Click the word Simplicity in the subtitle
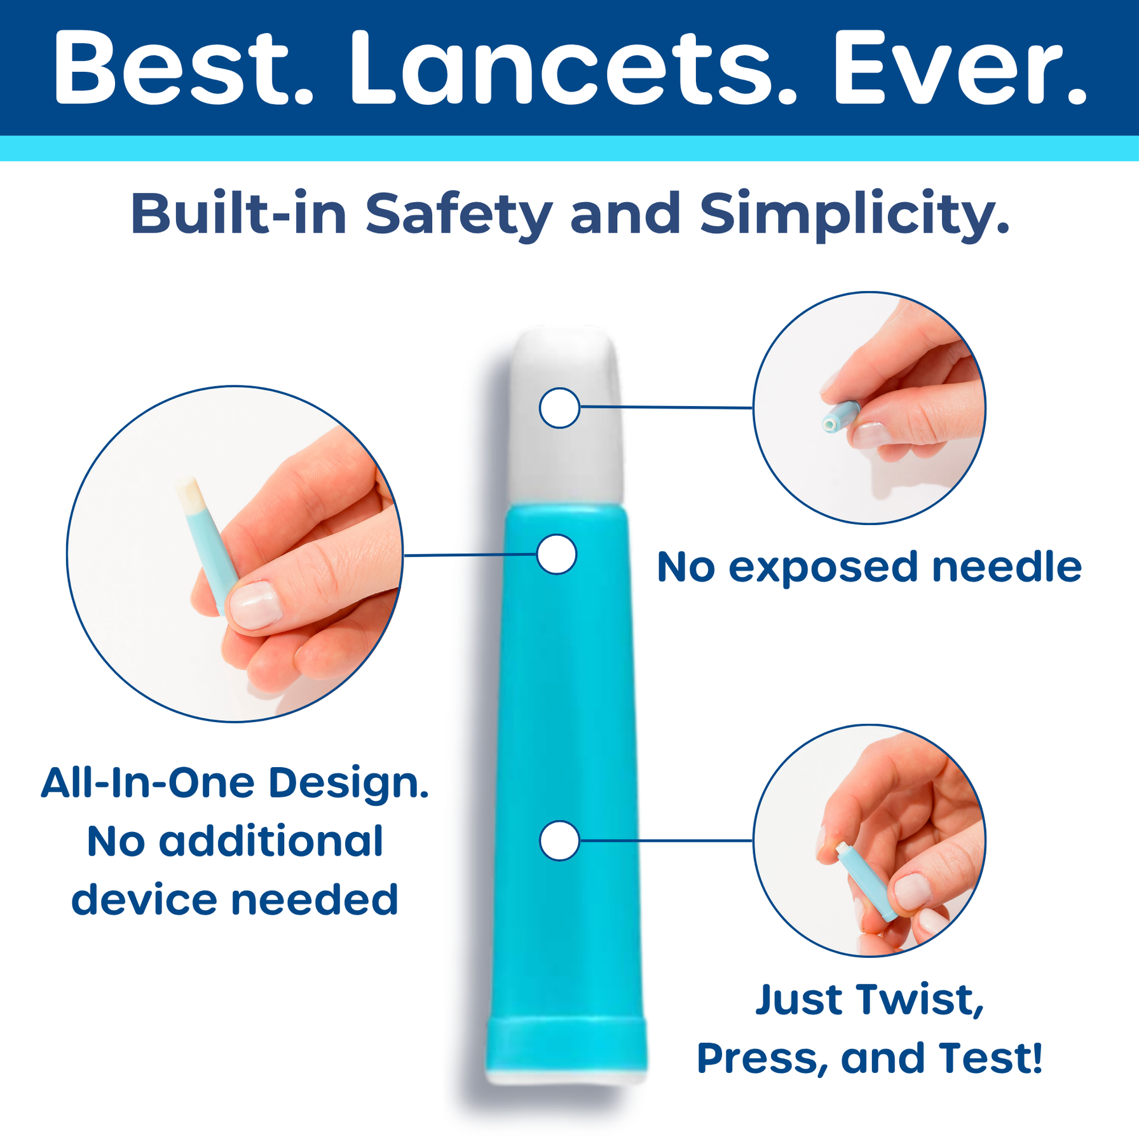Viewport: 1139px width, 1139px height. (854, 215)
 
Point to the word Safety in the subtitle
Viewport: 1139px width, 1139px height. (458, 215)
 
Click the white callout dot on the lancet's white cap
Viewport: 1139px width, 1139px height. (559, 407)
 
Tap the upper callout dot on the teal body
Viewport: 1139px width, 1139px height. (557, 554)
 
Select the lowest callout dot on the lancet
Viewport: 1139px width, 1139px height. (559, 840)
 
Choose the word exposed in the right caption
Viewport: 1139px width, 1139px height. (822, 568)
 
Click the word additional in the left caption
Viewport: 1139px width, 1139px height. (270, 842)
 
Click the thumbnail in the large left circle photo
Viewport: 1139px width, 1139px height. (255, 606)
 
